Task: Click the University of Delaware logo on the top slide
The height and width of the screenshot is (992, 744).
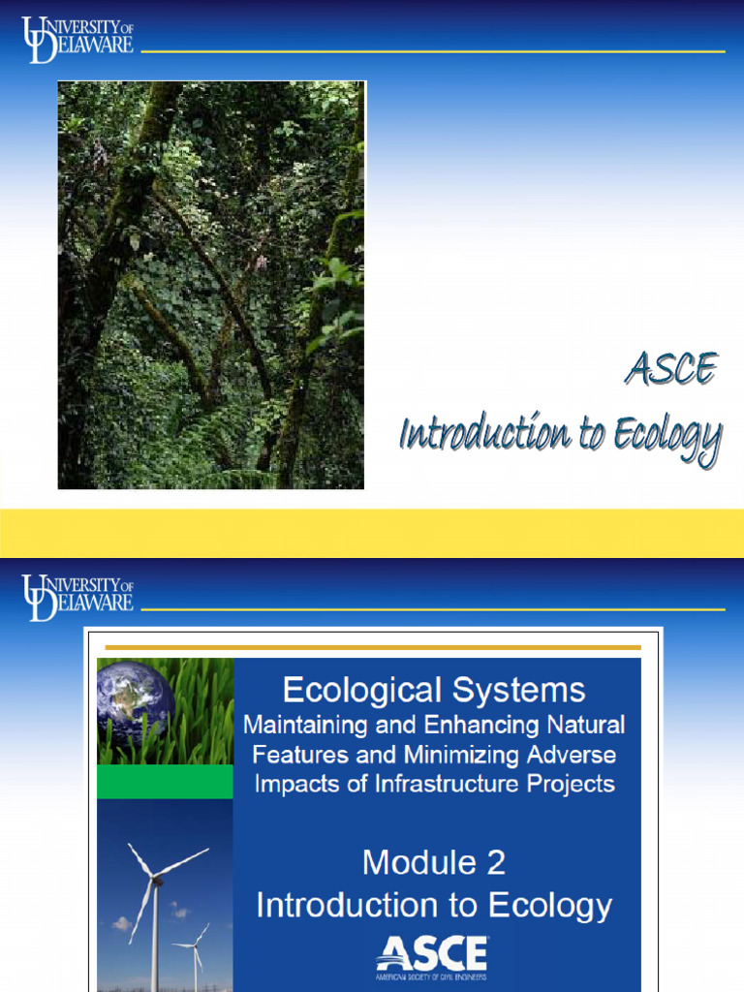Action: (77, 40)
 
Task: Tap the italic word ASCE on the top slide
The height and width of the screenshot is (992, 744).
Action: (670, 369)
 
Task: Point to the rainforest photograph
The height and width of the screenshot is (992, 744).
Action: (211, 285)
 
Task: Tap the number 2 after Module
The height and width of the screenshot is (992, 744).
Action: (495, 861)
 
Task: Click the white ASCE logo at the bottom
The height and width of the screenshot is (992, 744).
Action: (432, 954)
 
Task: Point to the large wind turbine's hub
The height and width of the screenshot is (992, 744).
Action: (152, 879)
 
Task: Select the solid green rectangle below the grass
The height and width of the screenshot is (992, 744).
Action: (165, 781)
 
